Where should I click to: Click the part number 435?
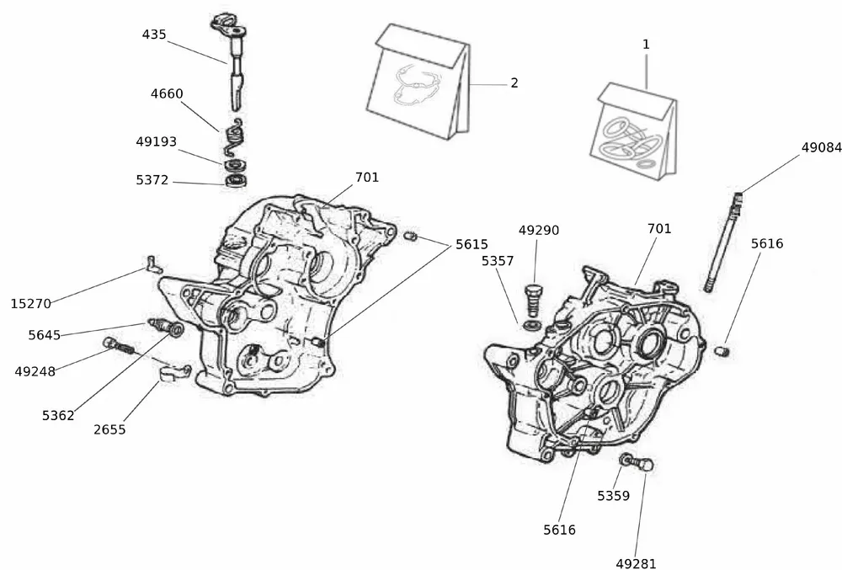click(154, 35)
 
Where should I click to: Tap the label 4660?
click(167, 94)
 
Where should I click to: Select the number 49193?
click(157, 142)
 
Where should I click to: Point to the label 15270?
click(29, 302)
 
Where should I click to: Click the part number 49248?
click(35, 370)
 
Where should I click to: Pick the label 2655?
click(109, 429)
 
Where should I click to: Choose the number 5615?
click(472, 244)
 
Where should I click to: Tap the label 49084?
click(821, 147)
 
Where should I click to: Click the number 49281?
click(636, 563)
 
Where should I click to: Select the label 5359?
click(614, 496)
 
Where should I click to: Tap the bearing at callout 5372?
click(236, 180)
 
